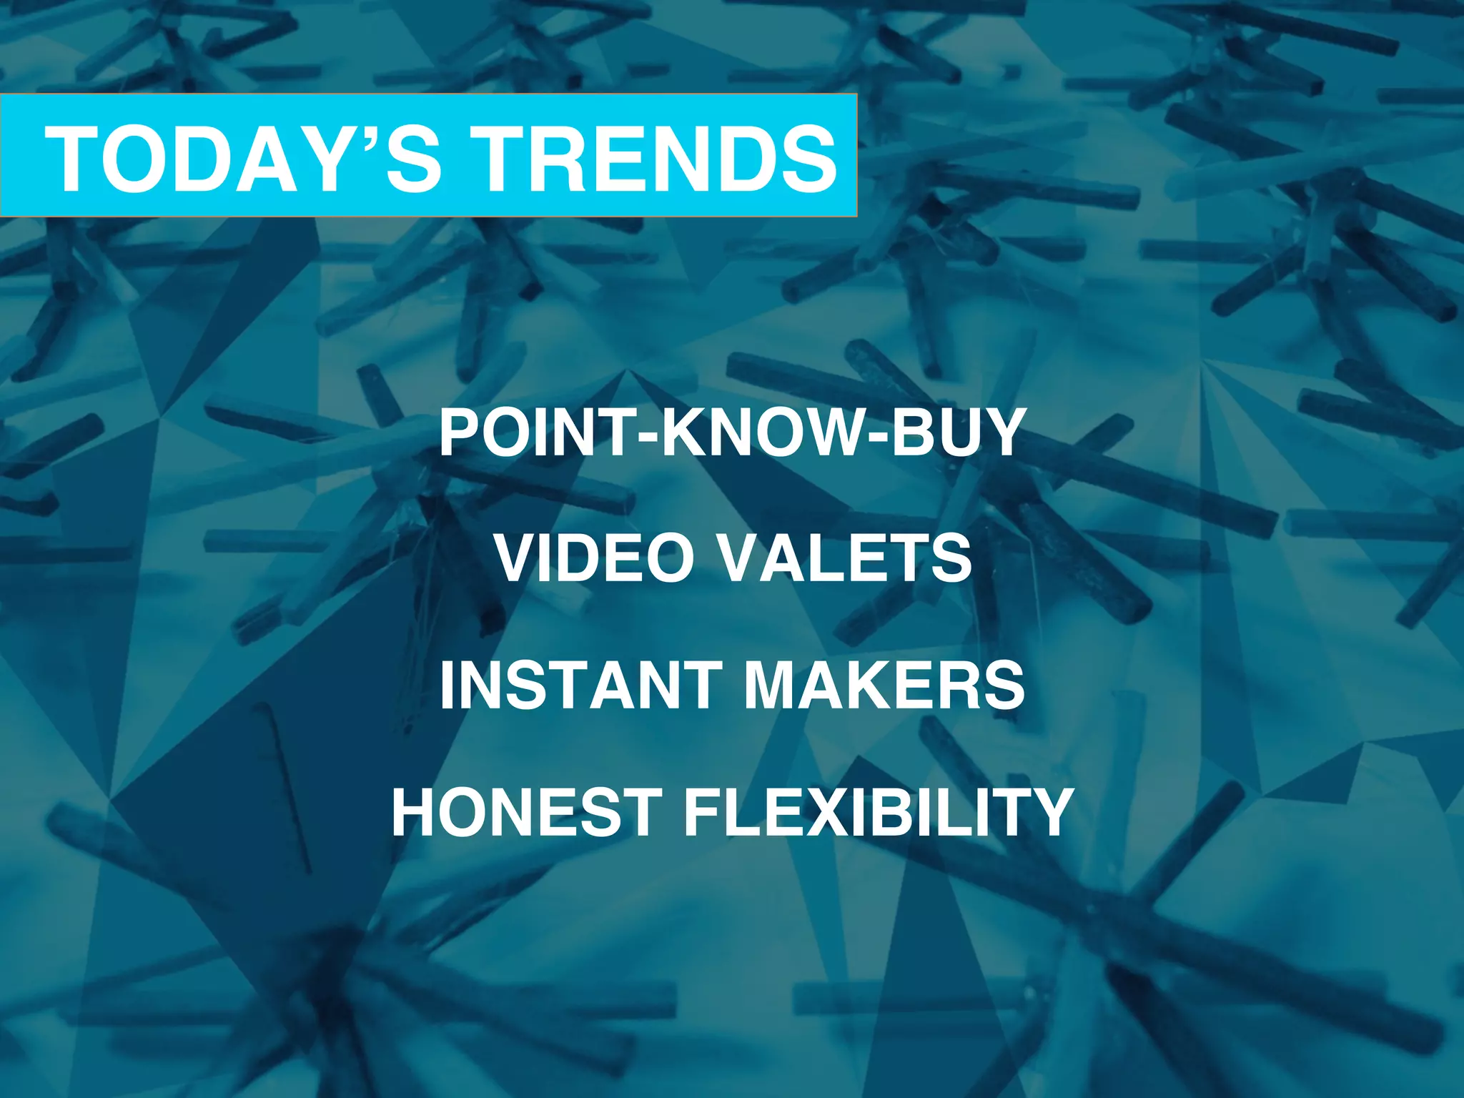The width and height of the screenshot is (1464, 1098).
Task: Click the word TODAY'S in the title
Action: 243,159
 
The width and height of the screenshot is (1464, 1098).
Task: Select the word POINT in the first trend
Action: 536,433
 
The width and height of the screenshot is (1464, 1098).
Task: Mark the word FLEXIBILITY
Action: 879,812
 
